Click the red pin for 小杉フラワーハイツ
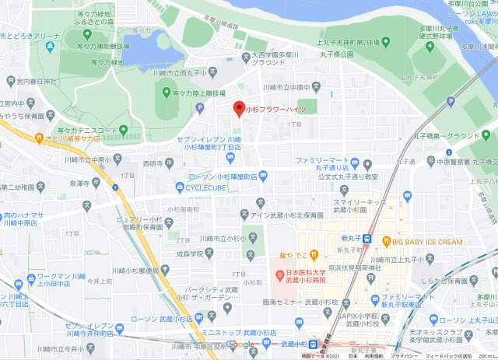[x=240, y=109]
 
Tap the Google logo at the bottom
[x=240, y=344]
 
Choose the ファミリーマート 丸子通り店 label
[x=324, y=163]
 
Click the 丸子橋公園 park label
[x=335, y=54]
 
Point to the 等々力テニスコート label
[x=87, y=130]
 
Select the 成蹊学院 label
[x=188, y=253]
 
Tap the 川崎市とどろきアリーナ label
[x=30, y=36]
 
